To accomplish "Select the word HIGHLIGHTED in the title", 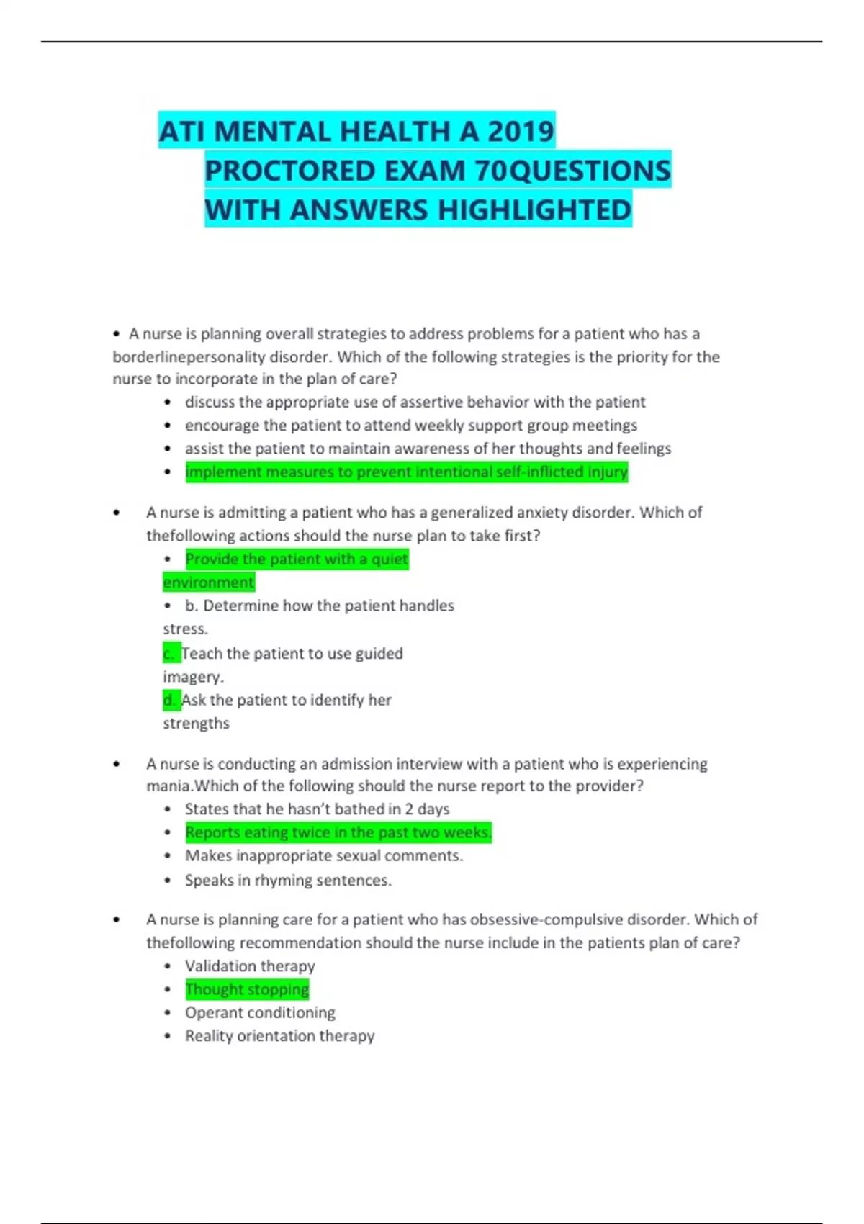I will (534, 210).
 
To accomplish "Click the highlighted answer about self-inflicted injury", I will (406, 472).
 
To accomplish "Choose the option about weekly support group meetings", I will (410, 426).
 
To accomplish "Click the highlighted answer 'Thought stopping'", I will (247, 989).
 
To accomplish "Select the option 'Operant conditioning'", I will (260, 1012).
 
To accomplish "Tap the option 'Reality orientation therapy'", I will (279, 1036).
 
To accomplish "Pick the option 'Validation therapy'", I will (250, 966).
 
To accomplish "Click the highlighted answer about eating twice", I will (338, 832).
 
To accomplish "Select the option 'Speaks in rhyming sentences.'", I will (288, 880).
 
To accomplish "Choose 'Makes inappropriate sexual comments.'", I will (324, 856).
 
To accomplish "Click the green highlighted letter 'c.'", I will (171, 654).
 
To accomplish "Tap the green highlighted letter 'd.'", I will (171, 700).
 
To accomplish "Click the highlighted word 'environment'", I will (208, 582).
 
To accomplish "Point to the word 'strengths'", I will (196, 724).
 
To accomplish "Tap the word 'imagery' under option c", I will (192, 677).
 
